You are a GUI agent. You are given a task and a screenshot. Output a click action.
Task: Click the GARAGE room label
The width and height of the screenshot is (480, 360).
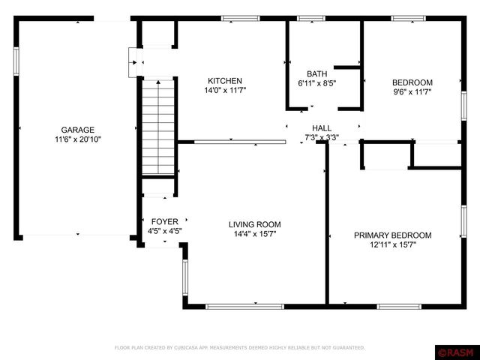click(x=78, y=130)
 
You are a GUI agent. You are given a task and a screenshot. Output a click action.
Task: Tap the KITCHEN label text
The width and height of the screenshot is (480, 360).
click(x=225, y=81)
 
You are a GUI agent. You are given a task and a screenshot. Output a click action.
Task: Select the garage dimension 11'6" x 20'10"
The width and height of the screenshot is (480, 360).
click(x=78, y=139)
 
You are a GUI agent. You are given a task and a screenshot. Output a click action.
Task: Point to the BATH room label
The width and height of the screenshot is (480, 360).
click(x=316, y=74)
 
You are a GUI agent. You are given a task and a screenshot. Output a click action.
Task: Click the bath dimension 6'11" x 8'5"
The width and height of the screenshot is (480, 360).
click(x=316, y=83)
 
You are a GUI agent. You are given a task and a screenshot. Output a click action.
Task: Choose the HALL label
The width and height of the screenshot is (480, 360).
click(x=322, y=128)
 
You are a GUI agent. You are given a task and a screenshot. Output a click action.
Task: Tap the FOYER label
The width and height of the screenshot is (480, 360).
click(x=165, y=222)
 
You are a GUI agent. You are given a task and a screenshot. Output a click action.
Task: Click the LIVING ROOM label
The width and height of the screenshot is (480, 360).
click(x=255, y=225)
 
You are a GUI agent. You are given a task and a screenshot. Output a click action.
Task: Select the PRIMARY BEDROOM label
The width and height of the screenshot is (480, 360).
click(x=393, y=235)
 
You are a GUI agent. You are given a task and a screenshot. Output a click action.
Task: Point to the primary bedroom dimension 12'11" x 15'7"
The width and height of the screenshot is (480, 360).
click(x=393, y=245)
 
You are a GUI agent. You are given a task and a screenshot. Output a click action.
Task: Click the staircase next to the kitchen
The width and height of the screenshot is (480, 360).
click(x=158, y=127)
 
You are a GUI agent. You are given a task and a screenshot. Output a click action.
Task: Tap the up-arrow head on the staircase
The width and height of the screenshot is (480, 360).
click(x=158, y=82)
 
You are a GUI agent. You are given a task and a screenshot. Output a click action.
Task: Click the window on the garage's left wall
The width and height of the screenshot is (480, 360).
click(x=16, y=61)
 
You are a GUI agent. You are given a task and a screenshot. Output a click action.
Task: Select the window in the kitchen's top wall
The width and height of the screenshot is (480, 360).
click(x=240, y=18)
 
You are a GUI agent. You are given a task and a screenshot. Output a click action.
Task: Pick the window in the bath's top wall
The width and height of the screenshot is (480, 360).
click(x=311, y=18)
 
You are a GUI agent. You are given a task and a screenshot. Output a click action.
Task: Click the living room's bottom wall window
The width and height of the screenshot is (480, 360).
click(x=245, y=307)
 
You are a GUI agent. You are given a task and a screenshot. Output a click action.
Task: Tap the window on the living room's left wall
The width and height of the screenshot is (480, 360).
click(x=185, y=277)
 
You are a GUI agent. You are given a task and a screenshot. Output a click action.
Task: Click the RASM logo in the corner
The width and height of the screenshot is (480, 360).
click(x=457, y=352)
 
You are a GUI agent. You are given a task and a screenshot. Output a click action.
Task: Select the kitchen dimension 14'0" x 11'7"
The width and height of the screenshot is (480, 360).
click(x=225, y=91)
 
